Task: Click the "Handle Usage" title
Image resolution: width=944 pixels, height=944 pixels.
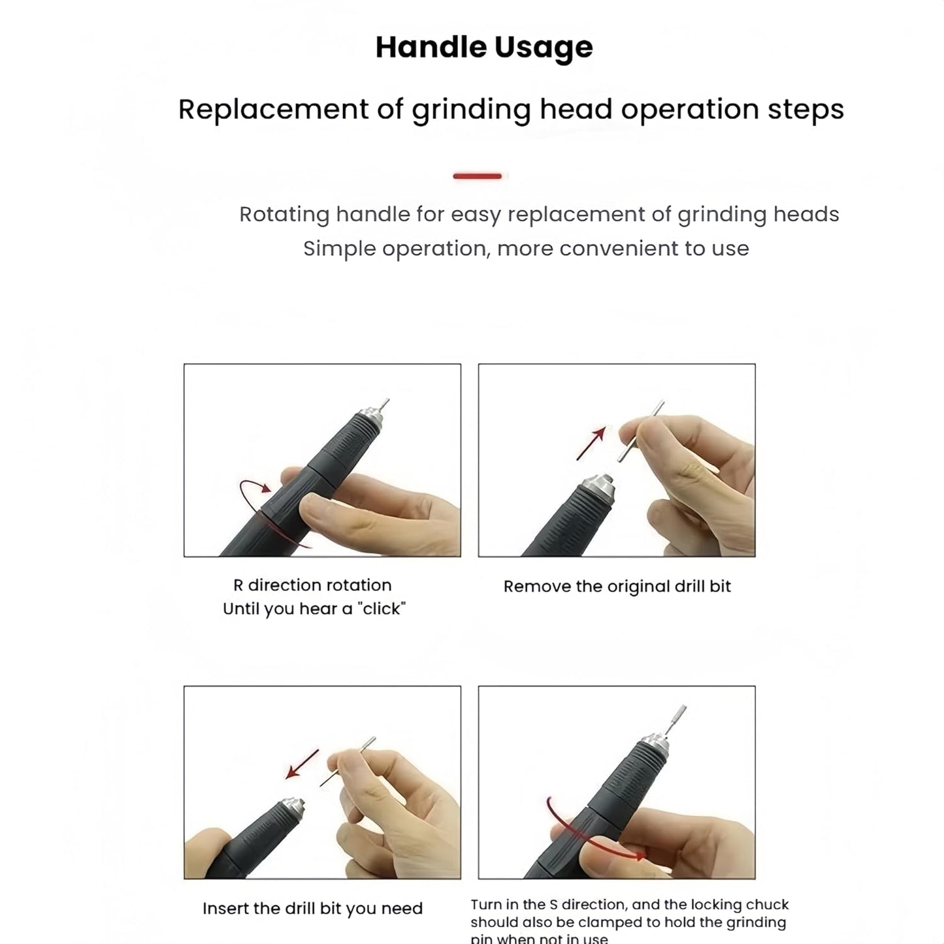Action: (x=484, y=47)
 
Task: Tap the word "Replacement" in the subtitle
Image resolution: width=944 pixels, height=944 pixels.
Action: (x=273, y=109)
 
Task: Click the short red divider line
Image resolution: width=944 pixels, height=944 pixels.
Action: (x=478, y=176)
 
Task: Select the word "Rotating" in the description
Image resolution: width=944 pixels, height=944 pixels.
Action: (x=284, y=214)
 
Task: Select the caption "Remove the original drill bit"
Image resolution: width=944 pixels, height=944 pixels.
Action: (x=617, y=587)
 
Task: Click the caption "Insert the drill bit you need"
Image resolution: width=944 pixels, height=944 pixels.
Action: (x=312, y=909)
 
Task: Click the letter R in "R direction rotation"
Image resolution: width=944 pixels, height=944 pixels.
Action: (x=238, y=585)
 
